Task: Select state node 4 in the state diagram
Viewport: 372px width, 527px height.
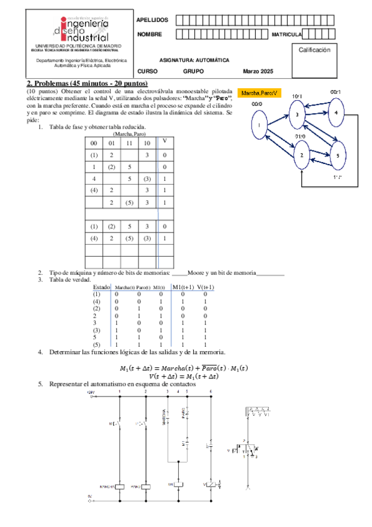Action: [336, 113]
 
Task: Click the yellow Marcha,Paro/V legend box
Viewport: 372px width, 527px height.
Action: [261, 93]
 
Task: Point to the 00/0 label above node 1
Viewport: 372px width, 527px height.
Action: [256, 104]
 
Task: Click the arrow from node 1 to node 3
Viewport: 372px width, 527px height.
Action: [278, 120]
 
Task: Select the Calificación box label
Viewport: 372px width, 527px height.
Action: [319, 49]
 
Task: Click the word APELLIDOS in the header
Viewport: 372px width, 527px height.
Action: [152, 21]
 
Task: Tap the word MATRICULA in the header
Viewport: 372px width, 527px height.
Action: [286, 34]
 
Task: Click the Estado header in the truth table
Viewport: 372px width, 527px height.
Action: [101, 287]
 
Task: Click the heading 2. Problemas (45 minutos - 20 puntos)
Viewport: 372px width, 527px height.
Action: [86, 83]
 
